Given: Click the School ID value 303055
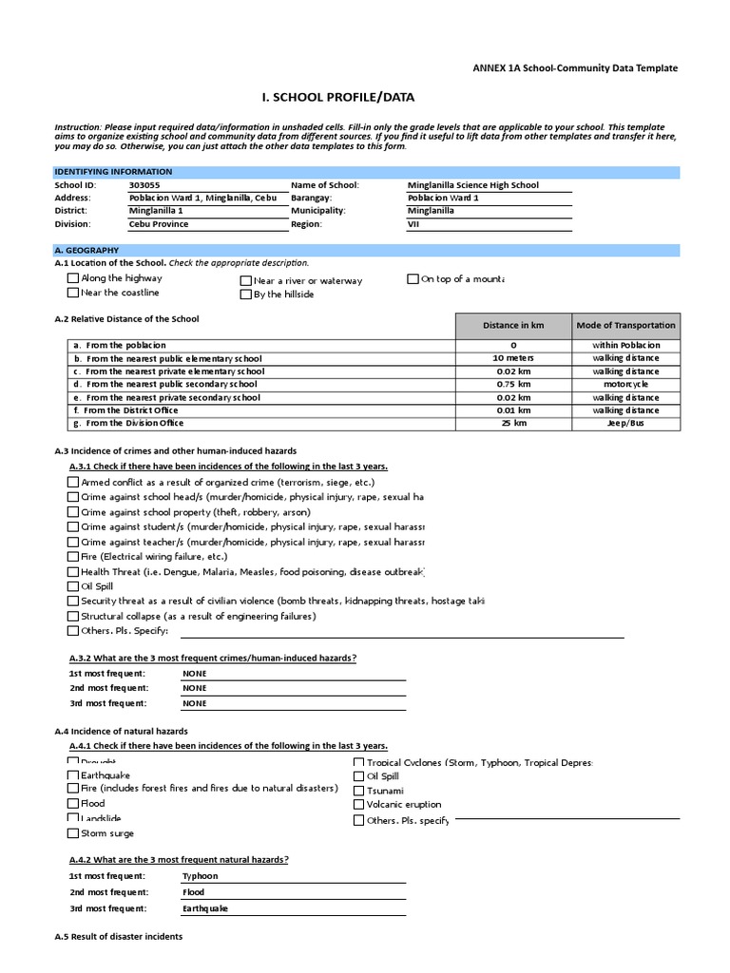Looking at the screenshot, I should (144, 185).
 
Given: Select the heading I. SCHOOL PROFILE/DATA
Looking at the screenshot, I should (337, 98).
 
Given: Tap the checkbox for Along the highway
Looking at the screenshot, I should (73, 278).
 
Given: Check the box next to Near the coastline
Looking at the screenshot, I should (73, 293).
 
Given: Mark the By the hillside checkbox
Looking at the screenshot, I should (245, 295).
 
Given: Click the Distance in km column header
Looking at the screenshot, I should (513, 325).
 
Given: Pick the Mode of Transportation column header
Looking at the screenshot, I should (625, 325).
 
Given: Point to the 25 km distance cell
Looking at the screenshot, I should (513, 424).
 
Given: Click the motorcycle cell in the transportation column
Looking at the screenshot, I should (625, 384).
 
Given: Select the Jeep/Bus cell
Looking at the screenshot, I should (625, 424).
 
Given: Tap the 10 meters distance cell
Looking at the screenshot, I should (513, 358).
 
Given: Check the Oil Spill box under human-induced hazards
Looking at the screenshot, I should (73, 587).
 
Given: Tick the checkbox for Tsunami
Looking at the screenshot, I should (358, 791).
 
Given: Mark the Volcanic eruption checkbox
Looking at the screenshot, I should (358, 805).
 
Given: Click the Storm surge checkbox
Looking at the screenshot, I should (73, 833).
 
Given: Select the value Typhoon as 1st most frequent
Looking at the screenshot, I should (201, 876).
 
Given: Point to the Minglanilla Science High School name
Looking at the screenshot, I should (472, 185).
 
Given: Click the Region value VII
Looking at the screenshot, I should (414, 224).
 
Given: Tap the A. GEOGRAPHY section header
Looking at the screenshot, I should (86, 250).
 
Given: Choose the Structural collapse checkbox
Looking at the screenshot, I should (73, 617).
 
